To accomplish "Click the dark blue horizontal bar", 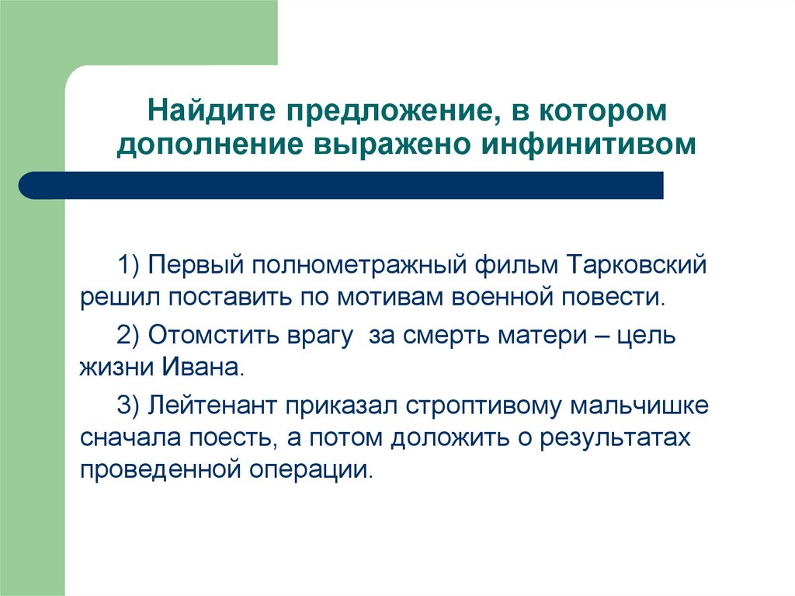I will coord(342,186).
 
